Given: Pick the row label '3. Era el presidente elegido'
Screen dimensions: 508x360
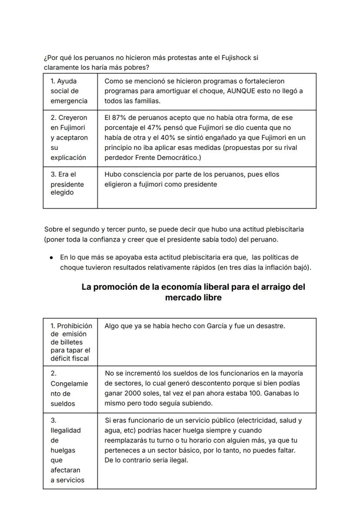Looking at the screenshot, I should tap(67, 183).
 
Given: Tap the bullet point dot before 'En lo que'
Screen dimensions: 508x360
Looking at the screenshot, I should tap(51, 257).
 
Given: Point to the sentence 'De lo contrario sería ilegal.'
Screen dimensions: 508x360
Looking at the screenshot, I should tap(146, 460).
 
